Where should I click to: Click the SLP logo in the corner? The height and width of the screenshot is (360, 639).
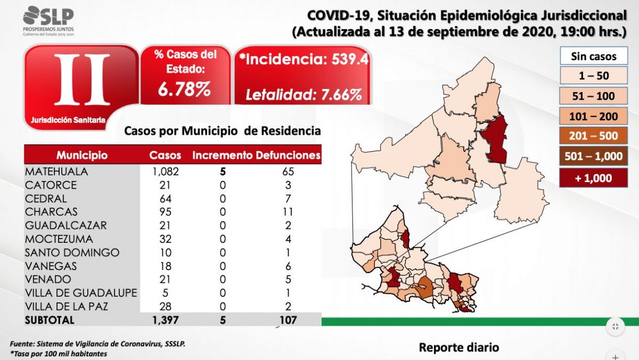point(48,20)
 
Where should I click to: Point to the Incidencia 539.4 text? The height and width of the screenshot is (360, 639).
point(304,60)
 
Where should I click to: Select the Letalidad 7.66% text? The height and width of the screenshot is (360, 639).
point(304,95)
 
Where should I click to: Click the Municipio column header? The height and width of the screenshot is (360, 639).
point(82,156)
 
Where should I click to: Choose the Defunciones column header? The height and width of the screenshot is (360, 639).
point(288,156)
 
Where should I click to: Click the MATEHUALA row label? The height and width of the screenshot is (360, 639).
point(56,172)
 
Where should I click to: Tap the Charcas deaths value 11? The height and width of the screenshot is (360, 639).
point(288,212)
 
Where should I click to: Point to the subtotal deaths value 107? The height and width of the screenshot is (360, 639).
point(288,320)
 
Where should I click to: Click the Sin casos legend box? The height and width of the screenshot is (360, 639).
point(593,56)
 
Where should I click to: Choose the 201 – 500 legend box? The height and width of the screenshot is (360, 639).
point(593,136)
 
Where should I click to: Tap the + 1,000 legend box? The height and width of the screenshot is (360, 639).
point(593,178)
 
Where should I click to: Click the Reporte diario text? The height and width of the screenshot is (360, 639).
point(459,347)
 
